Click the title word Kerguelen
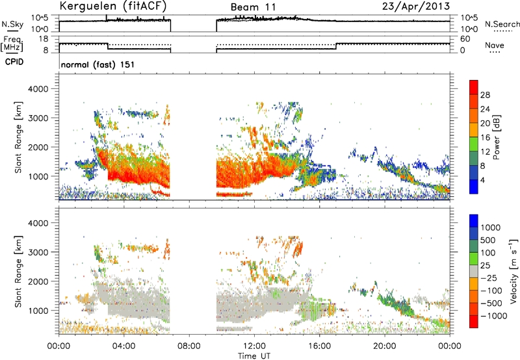[x=87, y=6]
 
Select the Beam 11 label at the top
[x=253, y=7]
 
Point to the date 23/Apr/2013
[x=416, y=6]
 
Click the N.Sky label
[x=12, y=24]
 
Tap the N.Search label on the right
[x=502, y=24]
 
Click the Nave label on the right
[x=495, y=45]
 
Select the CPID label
[x=14, y=62]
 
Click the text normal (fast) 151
[x=98, y=64]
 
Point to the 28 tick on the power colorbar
[x=484, y=95]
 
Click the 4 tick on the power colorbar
[x=482, y=181]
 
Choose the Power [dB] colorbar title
[x=496, y=137]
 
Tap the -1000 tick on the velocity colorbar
[x=493, y=316]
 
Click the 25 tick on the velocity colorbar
[x=486, y=266]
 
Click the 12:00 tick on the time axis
[x=254, y=346]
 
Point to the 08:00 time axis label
[x=189, y=346]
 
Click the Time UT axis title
[x=254, y=356]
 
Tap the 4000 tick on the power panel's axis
[x=38, y=89]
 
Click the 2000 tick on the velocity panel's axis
[x=38, y=281]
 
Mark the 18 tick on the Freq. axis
[x=44, y=39]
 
